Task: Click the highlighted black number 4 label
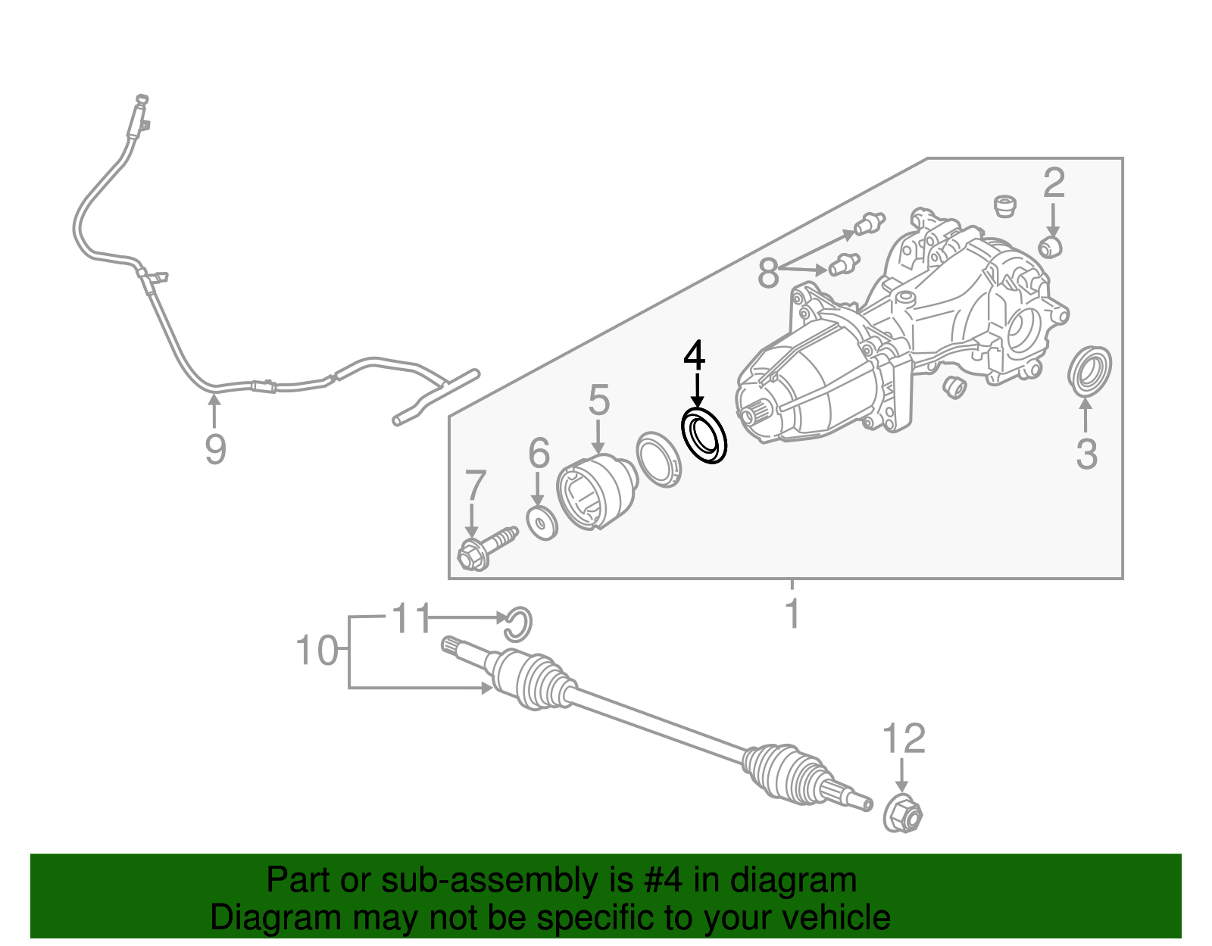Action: [694, 357]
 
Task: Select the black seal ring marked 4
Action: [704, 436]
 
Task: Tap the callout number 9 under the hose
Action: [215, 450]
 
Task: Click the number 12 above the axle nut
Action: [904, 738]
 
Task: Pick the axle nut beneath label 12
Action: [903, 815]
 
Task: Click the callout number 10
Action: [316, 651]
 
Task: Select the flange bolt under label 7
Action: [486, 548]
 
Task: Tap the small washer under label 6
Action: [542, 523]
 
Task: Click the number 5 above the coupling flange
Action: [598, 401]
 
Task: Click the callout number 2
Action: [1054, 183]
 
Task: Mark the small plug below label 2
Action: [1051, 246]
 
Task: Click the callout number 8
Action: [768, 273]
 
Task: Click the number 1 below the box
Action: [792, 613]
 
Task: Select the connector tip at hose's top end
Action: [141, 98]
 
